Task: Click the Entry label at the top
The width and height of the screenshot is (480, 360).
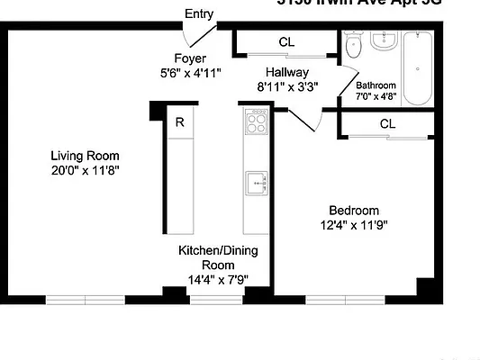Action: tap(198, 13)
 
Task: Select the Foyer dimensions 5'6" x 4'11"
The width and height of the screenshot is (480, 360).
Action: tap(190, 72)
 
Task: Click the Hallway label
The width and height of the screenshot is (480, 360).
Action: tap(287, 72)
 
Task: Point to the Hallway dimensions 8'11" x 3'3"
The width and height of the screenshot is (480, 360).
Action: tap(287, 87)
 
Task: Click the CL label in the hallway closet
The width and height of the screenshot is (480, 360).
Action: tap(286, 41)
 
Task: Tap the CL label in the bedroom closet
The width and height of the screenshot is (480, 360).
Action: tap(387, 123)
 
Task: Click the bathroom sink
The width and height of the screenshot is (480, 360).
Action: tap(384, 41)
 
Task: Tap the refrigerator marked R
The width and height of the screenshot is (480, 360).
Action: tap(180, 123)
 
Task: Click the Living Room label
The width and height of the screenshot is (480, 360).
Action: tap(85, 154)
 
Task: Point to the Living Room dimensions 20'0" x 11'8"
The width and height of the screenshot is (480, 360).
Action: tap(85, 169)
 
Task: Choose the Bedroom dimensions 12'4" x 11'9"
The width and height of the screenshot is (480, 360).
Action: tap(354, 225)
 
